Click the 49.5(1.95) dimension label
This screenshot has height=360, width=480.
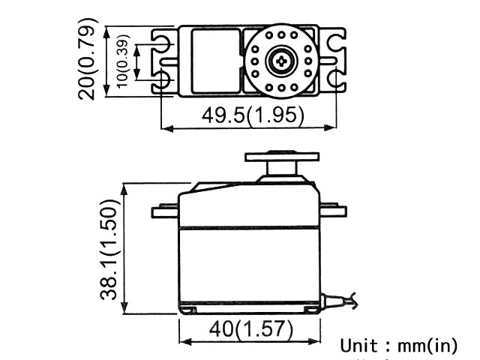(253, 115)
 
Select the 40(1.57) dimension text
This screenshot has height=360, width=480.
(251, 329)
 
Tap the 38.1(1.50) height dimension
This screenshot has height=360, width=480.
(109, 249)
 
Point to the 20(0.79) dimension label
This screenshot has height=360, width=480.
(88, 59)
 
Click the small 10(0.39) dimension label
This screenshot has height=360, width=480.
(122, 61)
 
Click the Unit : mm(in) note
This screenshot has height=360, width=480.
(398, 346)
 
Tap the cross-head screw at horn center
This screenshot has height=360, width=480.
(281, 61)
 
